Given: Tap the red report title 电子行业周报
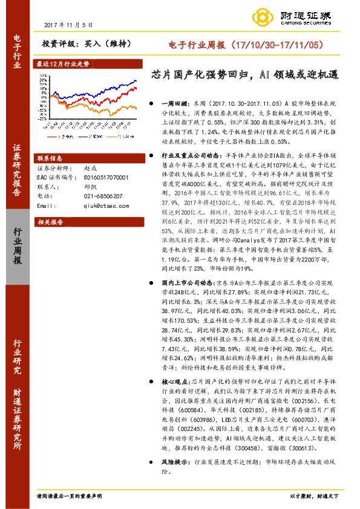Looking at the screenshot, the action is point(193,45).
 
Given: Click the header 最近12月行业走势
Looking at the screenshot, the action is point(63,63).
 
